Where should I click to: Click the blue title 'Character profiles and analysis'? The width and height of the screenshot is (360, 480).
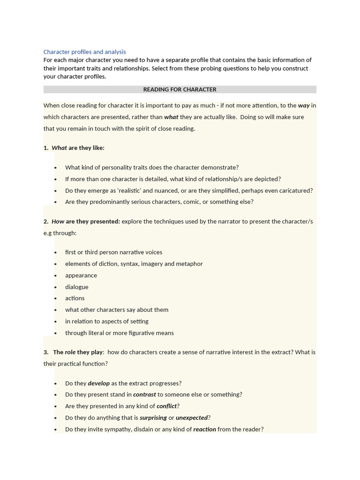coord(84,52)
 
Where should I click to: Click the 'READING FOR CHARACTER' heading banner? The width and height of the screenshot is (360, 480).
coord(180,90)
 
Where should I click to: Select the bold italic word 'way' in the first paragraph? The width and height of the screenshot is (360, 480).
coord(304,105)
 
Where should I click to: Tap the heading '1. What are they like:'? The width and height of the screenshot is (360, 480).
coord(74,148)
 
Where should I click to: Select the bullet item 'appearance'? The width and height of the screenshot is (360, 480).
coord(81,275)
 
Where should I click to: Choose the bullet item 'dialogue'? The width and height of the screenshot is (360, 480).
coord(76,287)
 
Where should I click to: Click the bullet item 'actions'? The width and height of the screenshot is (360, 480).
coord(75,298)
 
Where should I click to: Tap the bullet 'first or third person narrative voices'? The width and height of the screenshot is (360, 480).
coord(113,252)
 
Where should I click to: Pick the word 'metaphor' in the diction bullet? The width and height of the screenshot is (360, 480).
coord(189,264)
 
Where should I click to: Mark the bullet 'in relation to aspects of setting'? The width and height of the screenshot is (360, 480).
coord(107,321)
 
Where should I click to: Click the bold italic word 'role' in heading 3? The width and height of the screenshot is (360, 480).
coord(70,352)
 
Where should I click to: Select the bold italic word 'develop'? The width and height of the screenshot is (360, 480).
coord(98,383)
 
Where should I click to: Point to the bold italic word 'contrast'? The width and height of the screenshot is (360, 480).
coord(144,395)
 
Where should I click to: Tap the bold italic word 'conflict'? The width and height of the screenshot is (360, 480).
coord(166,406)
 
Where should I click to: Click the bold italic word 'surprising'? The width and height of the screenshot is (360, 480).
coord(153,418)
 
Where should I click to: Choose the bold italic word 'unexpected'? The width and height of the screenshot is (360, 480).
coord(191,418)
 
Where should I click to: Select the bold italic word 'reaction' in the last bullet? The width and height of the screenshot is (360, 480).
coord(204,429)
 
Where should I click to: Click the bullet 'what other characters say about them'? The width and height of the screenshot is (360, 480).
coord(117,310)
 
